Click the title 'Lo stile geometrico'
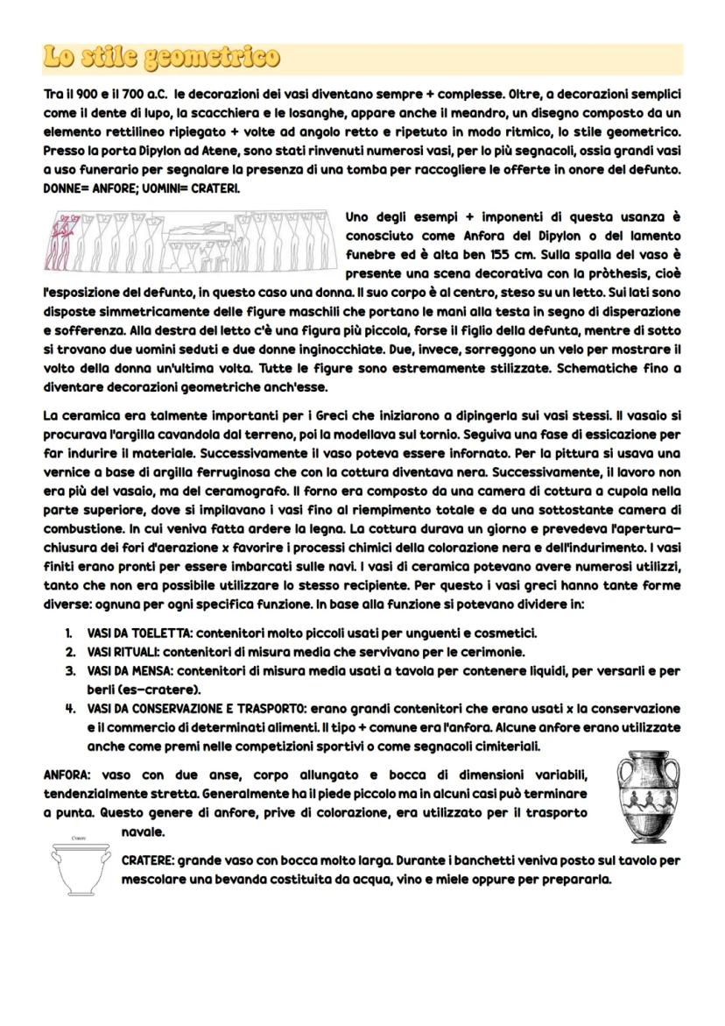pyautogui.click(x=162, y=58)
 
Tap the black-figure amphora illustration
pyautogui.click(x=649, y=798)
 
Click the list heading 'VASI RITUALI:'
pyautogui.click(x=123, y=651)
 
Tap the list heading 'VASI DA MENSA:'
pyautogui.click(x=129, y=670)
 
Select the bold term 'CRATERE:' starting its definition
pyautogui.click(x=148, y=861)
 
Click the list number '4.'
pyautogui.click(x=68, y=708)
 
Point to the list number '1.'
pyautogui.click(x=68, y=632)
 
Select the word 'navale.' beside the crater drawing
pyautogui.click(x=144, y=831)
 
